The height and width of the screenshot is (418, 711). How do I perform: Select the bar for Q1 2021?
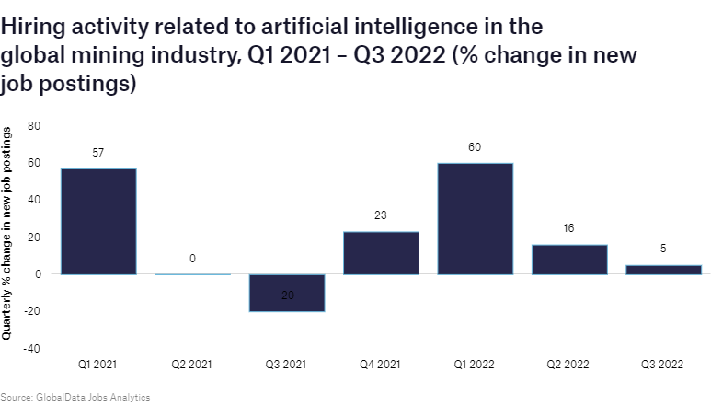[98, 221]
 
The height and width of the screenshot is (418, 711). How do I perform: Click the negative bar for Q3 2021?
[286, 293]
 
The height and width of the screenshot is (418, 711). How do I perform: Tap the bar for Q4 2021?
[381, 253]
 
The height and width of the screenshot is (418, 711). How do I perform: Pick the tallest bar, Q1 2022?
[475, 218]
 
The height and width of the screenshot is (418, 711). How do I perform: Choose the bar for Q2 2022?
[569, 260]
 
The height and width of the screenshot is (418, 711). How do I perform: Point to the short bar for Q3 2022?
[663, 270]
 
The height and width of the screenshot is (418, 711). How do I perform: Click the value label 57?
[98, 151]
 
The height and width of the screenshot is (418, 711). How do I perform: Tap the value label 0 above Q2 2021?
[192, 259]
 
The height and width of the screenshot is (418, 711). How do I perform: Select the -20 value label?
[286, 296]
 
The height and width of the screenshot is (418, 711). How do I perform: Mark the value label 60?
[475, 146]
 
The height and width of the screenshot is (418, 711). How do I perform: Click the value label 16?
[569, 227]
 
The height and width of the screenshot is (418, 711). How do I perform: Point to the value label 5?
[663, 249]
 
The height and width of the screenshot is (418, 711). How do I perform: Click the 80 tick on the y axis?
[35, 125]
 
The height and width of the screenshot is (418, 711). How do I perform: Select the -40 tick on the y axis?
[32, 349]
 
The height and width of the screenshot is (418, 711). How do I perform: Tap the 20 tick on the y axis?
[35, 237]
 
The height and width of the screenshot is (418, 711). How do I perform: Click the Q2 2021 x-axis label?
[192, 365]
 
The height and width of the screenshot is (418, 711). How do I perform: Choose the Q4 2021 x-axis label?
[381, 365]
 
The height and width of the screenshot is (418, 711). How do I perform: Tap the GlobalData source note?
[75, 398]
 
